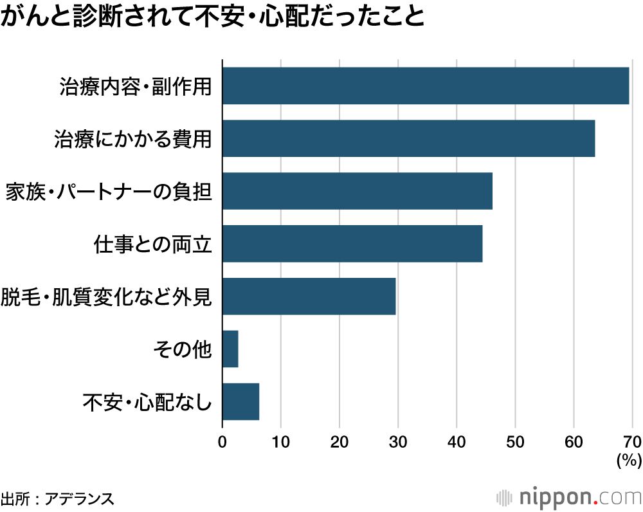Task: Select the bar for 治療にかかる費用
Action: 408,138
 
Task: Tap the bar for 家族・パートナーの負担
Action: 357,191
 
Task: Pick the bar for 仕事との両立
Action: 352,244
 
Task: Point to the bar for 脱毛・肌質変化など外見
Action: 309,297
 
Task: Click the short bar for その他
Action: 230,349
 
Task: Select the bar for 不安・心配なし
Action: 240,402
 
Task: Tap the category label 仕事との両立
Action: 152,244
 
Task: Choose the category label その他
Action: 183,350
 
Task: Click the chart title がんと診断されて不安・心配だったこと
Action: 213,17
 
